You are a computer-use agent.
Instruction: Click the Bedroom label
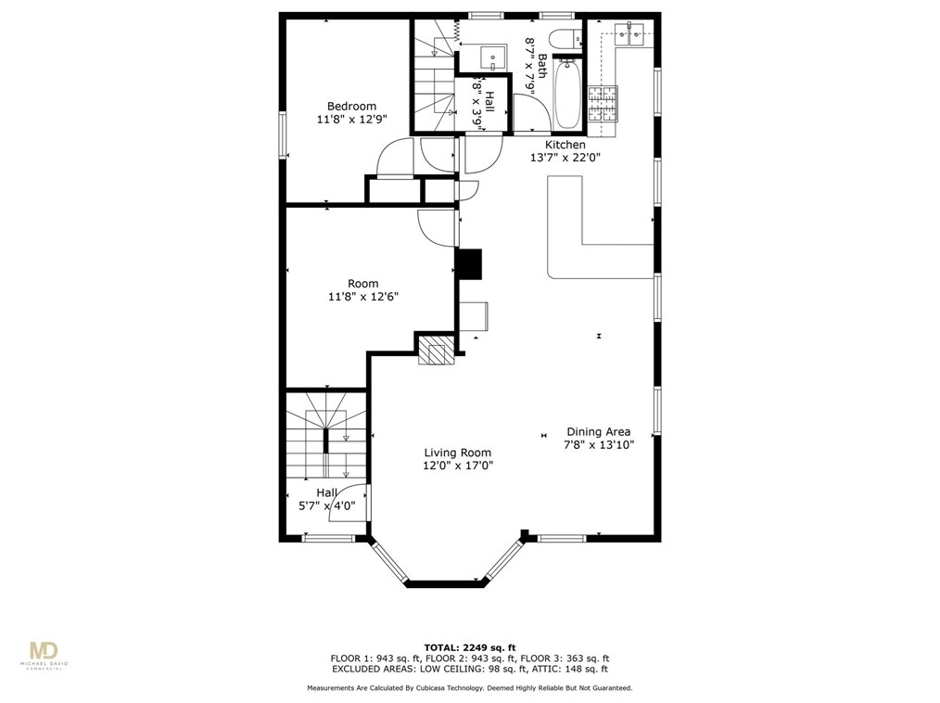[x=351, y=106]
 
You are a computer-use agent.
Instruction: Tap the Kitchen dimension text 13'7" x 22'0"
[x=565, y=158]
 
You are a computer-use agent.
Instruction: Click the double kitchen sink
[x=638, y=37]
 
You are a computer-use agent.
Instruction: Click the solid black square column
[x=469, y=263]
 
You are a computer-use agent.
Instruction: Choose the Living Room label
[x=457, y=453]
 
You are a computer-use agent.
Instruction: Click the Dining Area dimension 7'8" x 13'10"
[x=598, y=445]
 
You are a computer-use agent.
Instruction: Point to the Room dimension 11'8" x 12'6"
[x=362, y=297]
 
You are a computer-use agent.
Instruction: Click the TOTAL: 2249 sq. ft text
[x=469, y=647]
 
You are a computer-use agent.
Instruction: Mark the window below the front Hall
[x=327, y=538]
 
